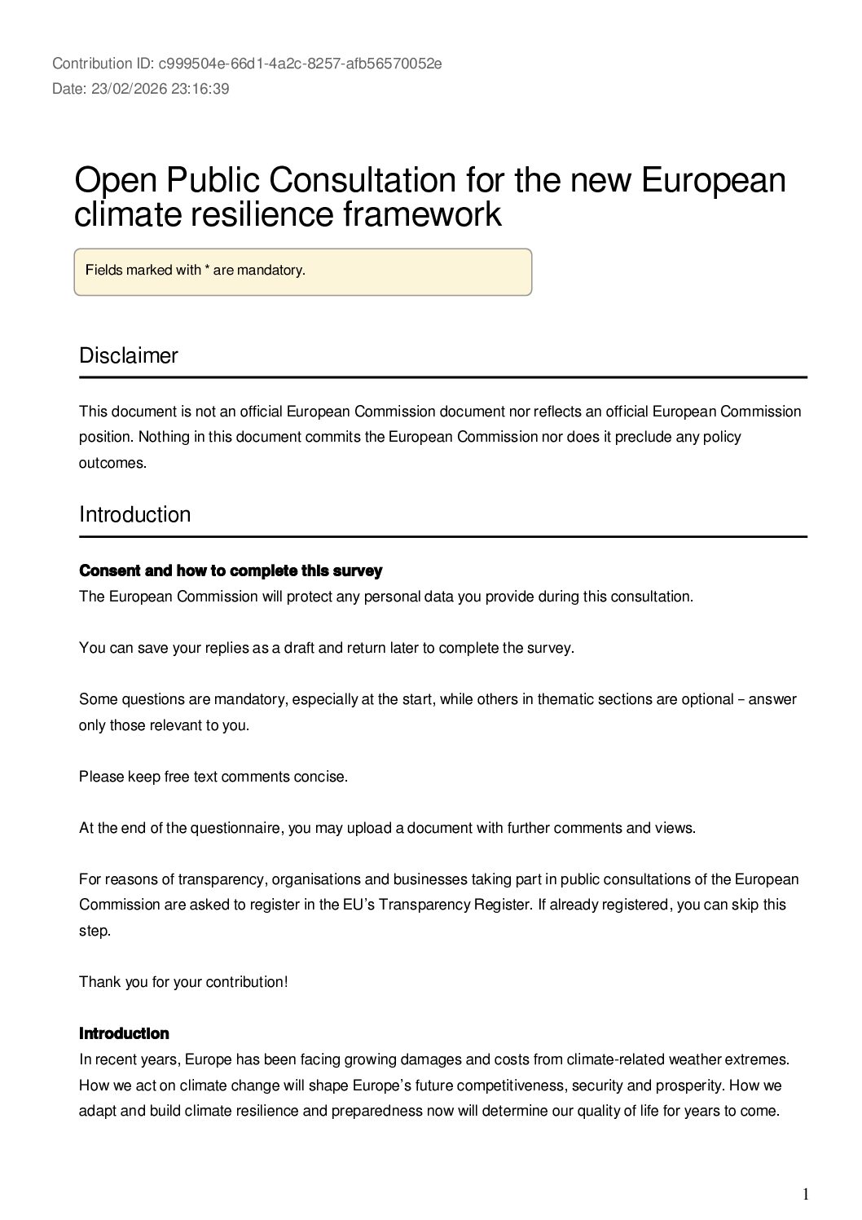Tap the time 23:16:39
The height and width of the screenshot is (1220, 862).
tap(200, 89)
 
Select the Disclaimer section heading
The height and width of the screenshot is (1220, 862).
tap(129, 356)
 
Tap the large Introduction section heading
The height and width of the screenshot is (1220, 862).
tap(135, 515)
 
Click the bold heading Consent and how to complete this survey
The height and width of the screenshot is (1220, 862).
tap(231, 570)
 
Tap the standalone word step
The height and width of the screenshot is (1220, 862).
tap(94, 931)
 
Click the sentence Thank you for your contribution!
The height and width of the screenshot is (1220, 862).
tap(183, 982)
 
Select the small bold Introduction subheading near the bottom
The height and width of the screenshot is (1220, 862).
tap(124, 1033)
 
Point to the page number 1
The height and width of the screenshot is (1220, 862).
tap(806, 1195)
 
